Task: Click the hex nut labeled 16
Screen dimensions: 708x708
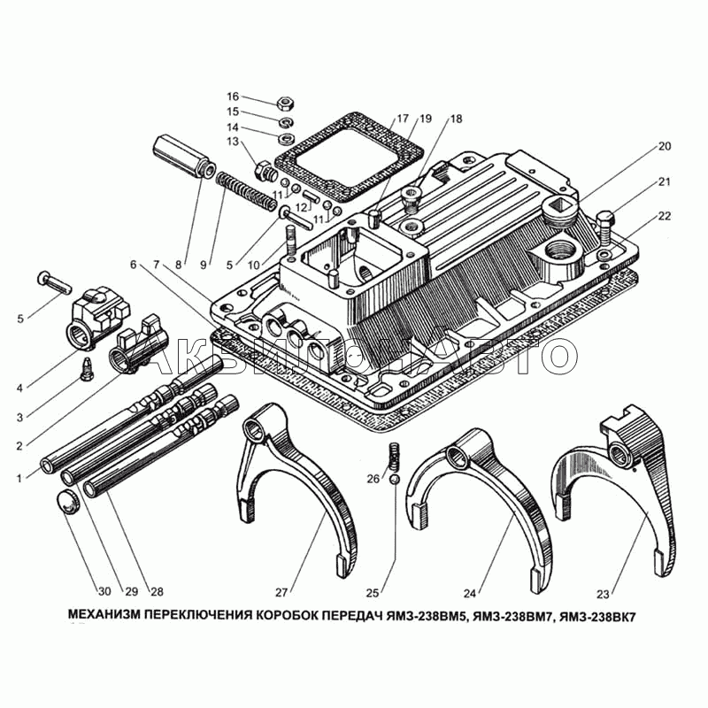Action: coord(285,102)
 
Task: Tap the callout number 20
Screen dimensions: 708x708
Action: coord(665,146)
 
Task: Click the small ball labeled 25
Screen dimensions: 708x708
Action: coord(394,479)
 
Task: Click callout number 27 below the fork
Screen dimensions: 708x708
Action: coord(281,593)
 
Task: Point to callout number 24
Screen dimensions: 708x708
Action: coord(470,593)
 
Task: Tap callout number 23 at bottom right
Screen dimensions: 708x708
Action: coord(603,594)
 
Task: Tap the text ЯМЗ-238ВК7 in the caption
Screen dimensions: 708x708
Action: coord(596,616)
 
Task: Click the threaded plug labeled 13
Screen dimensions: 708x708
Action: coord(265,172)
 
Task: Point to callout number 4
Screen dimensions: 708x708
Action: coord(19,388)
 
